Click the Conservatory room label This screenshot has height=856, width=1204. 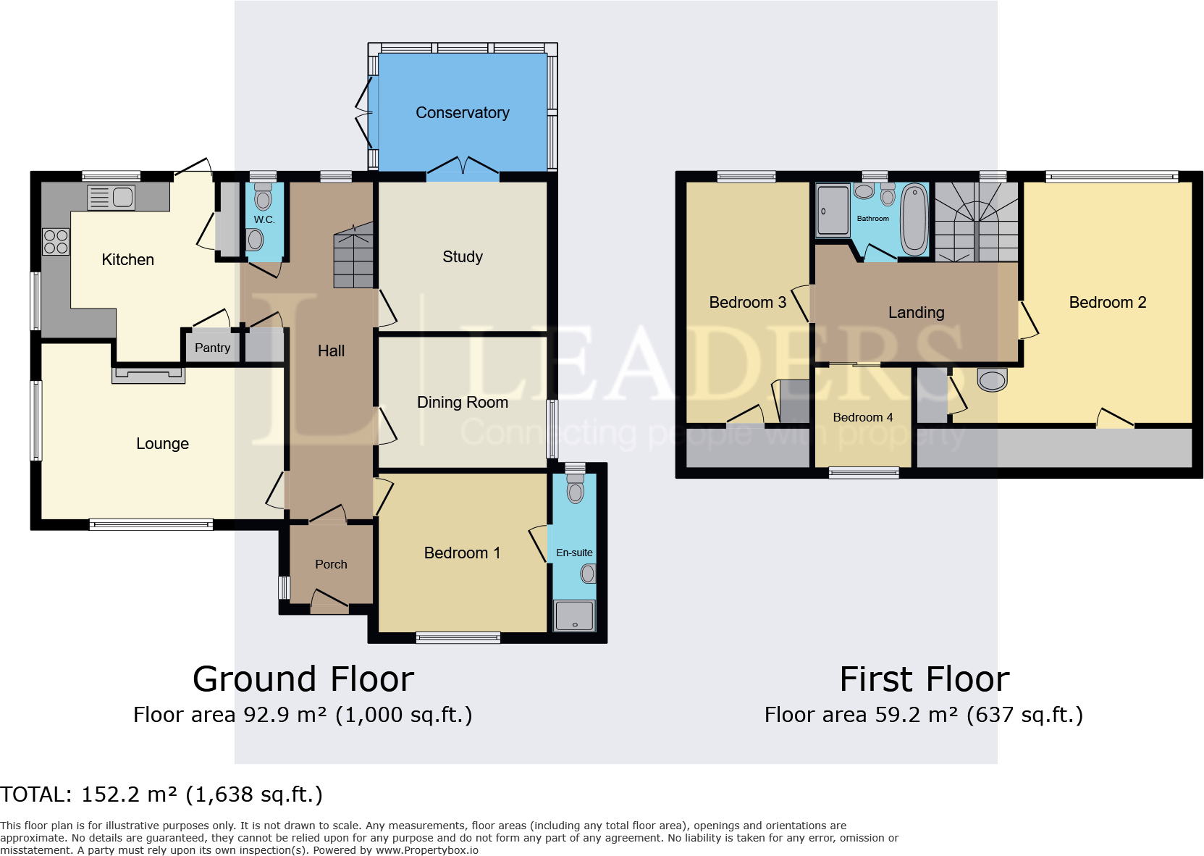[x=462, y=113]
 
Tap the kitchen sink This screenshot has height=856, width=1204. [x=111, y=197]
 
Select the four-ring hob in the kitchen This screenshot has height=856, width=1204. [x=56, y=242]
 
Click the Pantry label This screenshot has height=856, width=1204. [x=212, y=348]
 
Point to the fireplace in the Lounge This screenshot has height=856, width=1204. [x=148, y=374]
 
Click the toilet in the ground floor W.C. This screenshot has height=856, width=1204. [x=263, y=198]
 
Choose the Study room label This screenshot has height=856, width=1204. [x=462, y=257]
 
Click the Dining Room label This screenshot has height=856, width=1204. [x=462, y=403]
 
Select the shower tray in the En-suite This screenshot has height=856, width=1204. [x=574, y=616]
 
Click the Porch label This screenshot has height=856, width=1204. [x=331, y=564]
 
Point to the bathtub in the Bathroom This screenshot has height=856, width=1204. [x=914, y=219]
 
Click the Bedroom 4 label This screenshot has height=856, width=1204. [x=862, y=417]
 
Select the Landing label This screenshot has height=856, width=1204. [x=916, y=313]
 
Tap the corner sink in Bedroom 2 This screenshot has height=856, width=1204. [x=992, y=379]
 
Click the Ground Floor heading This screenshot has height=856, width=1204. [x=303, y=679]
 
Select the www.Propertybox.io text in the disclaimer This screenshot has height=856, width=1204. [x=426, y=850]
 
